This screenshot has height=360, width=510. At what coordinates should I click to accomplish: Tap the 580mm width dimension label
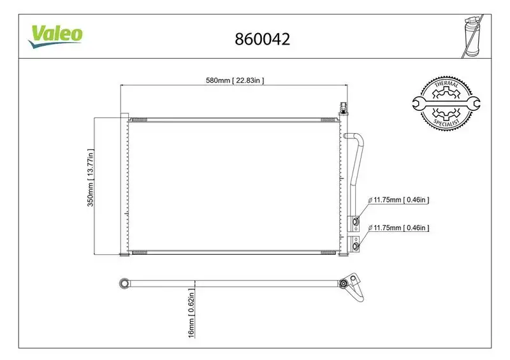(234, 80)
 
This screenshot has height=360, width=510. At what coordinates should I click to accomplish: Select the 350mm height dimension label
(91, 178)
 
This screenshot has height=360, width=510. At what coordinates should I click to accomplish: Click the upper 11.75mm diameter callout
(401, 199)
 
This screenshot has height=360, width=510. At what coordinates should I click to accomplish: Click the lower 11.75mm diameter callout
(401, 227)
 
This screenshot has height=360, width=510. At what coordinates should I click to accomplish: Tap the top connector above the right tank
(343, 106)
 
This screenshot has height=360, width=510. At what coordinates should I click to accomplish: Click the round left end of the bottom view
(126, 282)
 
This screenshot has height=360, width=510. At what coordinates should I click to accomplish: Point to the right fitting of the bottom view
(345, 283)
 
